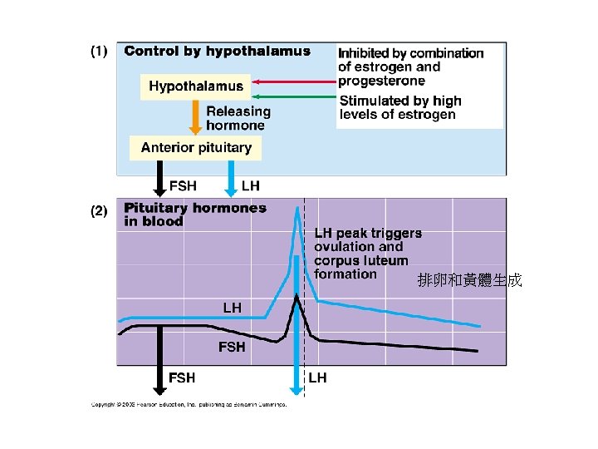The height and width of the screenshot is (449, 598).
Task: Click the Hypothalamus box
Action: pyautogui.click(x=196, y=86)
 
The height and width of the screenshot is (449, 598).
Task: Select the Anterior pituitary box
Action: pyautogui.click(x=196, y=148)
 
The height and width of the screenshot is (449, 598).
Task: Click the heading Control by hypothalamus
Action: pyautogui.click(x=217, y=52)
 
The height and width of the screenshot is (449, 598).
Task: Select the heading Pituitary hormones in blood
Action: pyautogui.click(x=194, y=215)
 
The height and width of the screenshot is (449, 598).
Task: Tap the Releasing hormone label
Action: pyautogui.click(x=238, y=118)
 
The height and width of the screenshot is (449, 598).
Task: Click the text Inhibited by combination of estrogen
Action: pyautogui.click(x=410, y=67)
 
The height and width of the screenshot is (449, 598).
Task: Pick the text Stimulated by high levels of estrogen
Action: pyautogui.click(x=400, y=107)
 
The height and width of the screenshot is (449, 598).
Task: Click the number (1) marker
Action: pyautogui.click(x=99, y=52)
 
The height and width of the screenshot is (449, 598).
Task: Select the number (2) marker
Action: pyautogui.click(x=99, y=211)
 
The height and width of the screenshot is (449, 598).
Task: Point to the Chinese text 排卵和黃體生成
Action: pyautogui.click(x=469, y=280)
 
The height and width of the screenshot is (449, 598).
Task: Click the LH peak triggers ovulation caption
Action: pyautogui.click(x=367, y=254)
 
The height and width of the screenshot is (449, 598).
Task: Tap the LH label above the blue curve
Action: pyautogui.click(x=232, y=308)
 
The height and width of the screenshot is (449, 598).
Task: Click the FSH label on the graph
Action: pyautogui.click(x=232, y=347)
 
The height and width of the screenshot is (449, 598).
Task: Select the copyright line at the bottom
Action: pyautogui.click(x=189, y=405)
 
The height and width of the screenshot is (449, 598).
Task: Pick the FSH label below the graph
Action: pyautogui.click(x=182, y=378)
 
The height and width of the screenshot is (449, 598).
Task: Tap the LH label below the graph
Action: pyautogui.click(x=317, y=378)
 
